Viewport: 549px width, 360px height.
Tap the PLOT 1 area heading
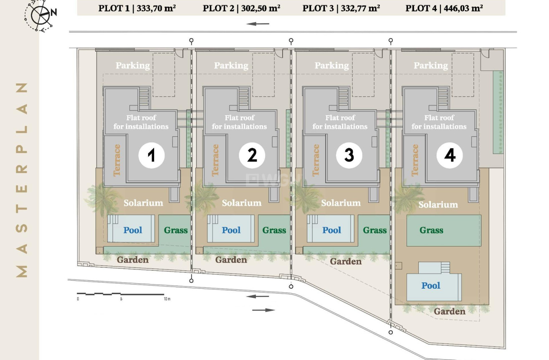137,8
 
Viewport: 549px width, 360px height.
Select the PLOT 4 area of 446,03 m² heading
444,8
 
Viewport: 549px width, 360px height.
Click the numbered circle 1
152,156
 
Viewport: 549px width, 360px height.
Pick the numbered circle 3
349,156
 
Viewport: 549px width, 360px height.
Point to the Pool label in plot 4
431,286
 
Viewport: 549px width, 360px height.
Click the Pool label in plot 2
231,230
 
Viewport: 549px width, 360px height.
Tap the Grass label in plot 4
431,230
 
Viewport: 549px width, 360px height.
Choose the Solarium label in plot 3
341,203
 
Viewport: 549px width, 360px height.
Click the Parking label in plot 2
231,65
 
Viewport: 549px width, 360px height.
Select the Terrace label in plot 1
117,160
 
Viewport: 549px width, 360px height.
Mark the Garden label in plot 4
450,312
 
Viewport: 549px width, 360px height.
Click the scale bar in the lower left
120,294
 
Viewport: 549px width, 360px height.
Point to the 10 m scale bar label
167,299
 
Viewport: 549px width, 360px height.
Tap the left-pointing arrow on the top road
258,24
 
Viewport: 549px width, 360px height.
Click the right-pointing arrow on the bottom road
264,310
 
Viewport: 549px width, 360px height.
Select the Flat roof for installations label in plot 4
439,122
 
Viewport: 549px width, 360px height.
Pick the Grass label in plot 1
176,230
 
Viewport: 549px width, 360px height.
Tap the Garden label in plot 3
346,262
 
